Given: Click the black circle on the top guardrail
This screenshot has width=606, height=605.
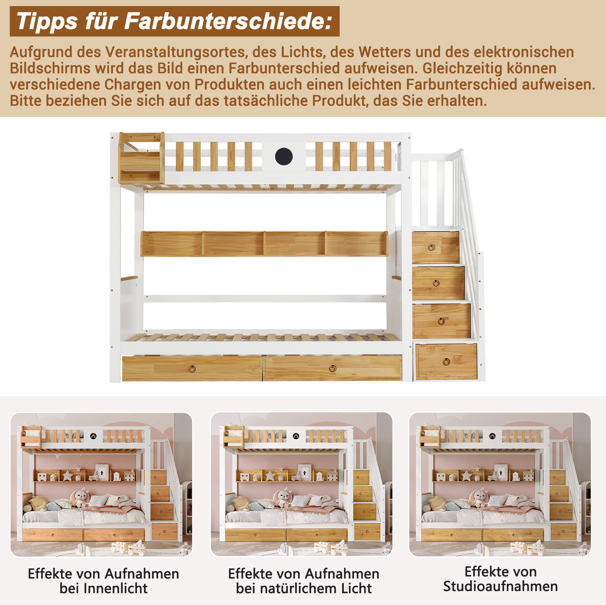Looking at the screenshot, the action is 284,156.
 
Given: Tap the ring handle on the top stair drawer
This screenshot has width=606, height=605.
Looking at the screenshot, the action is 432,248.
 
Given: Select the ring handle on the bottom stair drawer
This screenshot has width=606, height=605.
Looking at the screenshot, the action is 446,362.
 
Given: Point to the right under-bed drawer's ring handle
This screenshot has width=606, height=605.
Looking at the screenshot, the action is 332,369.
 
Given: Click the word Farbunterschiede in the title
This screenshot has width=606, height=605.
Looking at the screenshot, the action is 228,21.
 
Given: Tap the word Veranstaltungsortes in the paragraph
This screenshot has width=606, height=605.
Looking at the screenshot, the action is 175,52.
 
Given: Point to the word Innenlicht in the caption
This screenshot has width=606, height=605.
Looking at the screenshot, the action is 103,588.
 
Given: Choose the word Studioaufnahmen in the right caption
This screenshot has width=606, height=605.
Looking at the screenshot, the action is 501,586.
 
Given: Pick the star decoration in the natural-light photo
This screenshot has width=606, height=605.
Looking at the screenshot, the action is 271,476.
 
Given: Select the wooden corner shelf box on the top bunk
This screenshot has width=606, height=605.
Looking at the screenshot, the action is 142,158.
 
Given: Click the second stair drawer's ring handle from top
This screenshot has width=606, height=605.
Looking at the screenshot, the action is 436,284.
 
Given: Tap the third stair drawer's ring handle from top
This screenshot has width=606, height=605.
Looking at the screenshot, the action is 441,321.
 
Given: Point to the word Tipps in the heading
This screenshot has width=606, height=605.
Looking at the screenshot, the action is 47,21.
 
